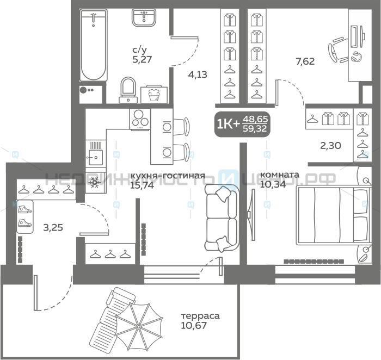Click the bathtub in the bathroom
pyautogui.click(x=94, y=45)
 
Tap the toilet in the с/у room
pyautogui.click(x=128, y=90)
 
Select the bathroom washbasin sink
pyautogui.click(x=144, y=18)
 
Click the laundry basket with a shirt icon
pyautogui.click(x=154, y=94)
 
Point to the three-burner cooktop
pyautogui.click(x=140, y=120)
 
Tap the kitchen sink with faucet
pyautogui.click(x=96, y=153)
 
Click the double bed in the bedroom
pyautogui.click(x=334, y=215)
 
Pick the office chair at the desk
pyautogui.click(x=338, y=50)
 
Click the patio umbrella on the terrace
pyautogui.click(x=139, y=326)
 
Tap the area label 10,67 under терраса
pyautogui.click(x=194, y=325)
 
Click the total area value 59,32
pyautogui.click(x=255, y=128)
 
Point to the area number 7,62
pyautogui.click(x=305, y=61)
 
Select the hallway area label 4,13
pyautogui.click(x=198, y=75)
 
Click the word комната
pyautogui.click(x=280, y=175)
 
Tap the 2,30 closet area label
pyautogui.click(x=331, y=145)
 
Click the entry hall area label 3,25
pyautogui.click(x=53, y=227)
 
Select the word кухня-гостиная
pyautogui.click(x=168, y=176)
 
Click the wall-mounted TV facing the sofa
pyautogui.click(x=252, y=215)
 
